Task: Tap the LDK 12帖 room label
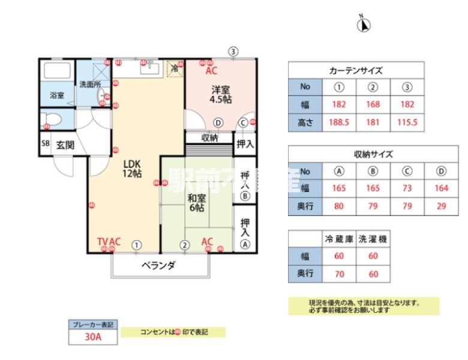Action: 132,169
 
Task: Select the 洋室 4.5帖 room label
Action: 220,95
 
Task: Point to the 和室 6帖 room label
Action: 196,203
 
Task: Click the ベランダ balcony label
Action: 158,265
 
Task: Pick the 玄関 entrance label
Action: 65,145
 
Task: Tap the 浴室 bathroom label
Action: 57,95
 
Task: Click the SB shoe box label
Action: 45,145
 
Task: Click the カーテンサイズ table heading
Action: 356,70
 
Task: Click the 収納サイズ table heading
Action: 373,154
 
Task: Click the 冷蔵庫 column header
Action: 339,239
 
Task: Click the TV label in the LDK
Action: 103,242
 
